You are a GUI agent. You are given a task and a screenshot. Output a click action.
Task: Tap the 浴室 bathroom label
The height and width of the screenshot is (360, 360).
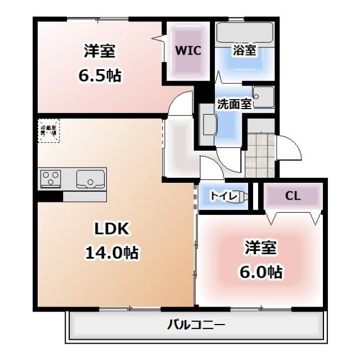point(244,50)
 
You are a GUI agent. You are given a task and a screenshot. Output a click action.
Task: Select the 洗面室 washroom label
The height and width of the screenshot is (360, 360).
point(234,103)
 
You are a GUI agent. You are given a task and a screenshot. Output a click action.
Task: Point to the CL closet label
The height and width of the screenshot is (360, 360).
point(292,196)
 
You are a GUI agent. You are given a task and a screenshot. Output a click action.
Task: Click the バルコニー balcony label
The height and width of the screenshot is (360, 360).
point(196,325)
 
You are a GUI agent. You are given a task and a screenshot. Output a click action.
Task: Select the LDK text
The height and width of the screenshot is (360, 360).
point(112,229)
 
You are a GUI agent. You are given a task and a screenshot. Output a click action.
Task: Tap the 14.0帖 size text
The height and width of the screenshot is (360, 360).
point(112,253)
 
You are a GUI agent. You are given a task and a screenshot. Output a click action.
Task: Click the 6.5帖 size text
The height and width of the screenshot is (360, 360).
point(100,75)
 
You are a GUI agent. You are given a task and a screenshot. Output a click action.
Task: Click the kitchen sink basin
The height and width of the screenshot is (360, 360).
point(90,178)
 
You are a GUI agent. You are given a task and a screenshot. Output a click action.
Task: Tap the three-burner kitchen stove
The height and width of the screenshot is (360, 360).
point(51,179)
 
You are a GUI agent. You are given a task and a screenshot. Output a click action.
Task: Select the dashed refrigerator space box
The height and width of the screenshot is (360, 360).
point(48,130)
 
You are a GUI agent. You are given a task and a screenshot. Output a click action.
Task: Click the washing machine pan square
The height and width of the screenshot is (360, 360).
point(263,97)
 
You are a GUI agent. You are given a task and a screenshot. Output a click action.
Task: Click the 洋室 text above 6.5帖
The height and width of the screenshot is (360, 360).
point(100,51)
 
